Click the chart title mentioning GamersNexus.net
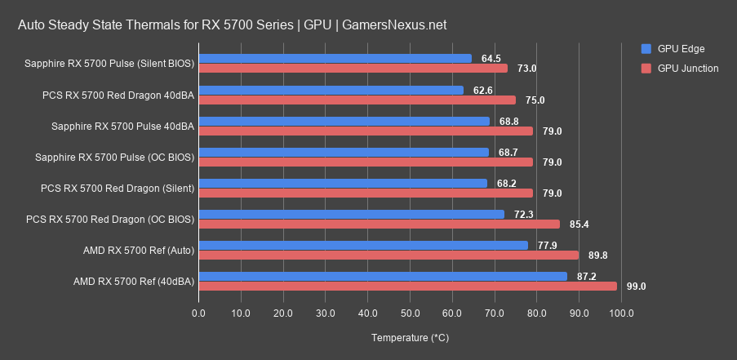click(233, 25)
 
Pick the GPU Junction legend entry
click(688, 69)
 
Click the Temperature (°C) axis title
click(410, 337)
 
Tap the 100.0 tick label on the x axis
click(621, 313)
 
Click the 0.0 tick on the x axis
click(198, 313)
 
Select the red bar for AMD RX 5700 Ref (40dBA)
click(407, 286)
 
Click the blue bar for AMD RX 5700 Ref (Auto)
click(363, 245)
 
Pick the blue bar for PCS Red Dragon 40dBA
click(331, 90)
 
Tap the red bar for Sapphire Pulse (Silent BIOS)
click(353, 69)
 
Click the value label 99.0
click(637, 287)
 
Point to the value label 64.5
click(491, 59)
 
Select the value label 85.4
click(579, 224)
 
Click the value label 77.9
click(547, 245)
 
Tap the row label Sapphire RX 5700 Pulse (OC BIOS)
click(114, 157)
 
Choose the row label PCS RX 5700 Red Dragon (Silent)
click(117, 189)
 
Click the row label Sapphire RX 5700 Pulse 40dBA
click(122, 126)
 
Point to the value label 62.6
click(483, 90)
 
